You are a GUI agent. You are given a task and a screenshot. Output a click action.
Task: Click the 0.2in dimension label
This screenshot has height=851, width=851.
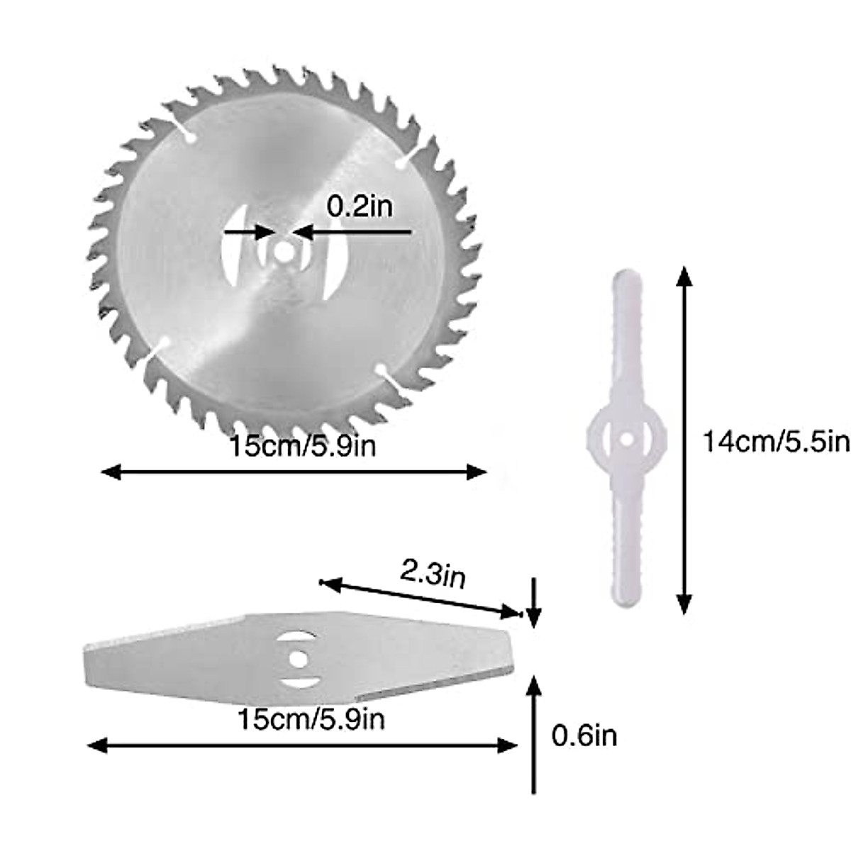(x=359, y=206)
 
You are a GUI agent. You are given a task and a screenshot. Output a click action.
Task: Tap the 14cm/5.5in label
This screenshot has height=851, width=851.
(x=775, y=442)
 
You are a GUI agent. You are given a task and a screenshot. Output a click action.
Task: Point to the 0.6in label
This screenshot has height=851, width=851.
(x=584, y=735)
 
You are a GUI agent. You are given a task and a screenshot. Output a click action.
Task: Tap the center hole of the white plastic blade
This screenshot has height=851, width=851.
(x=626, y=441)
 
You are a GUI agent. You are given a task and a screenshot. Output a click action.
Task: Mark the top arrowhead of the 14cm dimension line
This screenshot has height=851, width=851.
(x=684, y=273)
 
